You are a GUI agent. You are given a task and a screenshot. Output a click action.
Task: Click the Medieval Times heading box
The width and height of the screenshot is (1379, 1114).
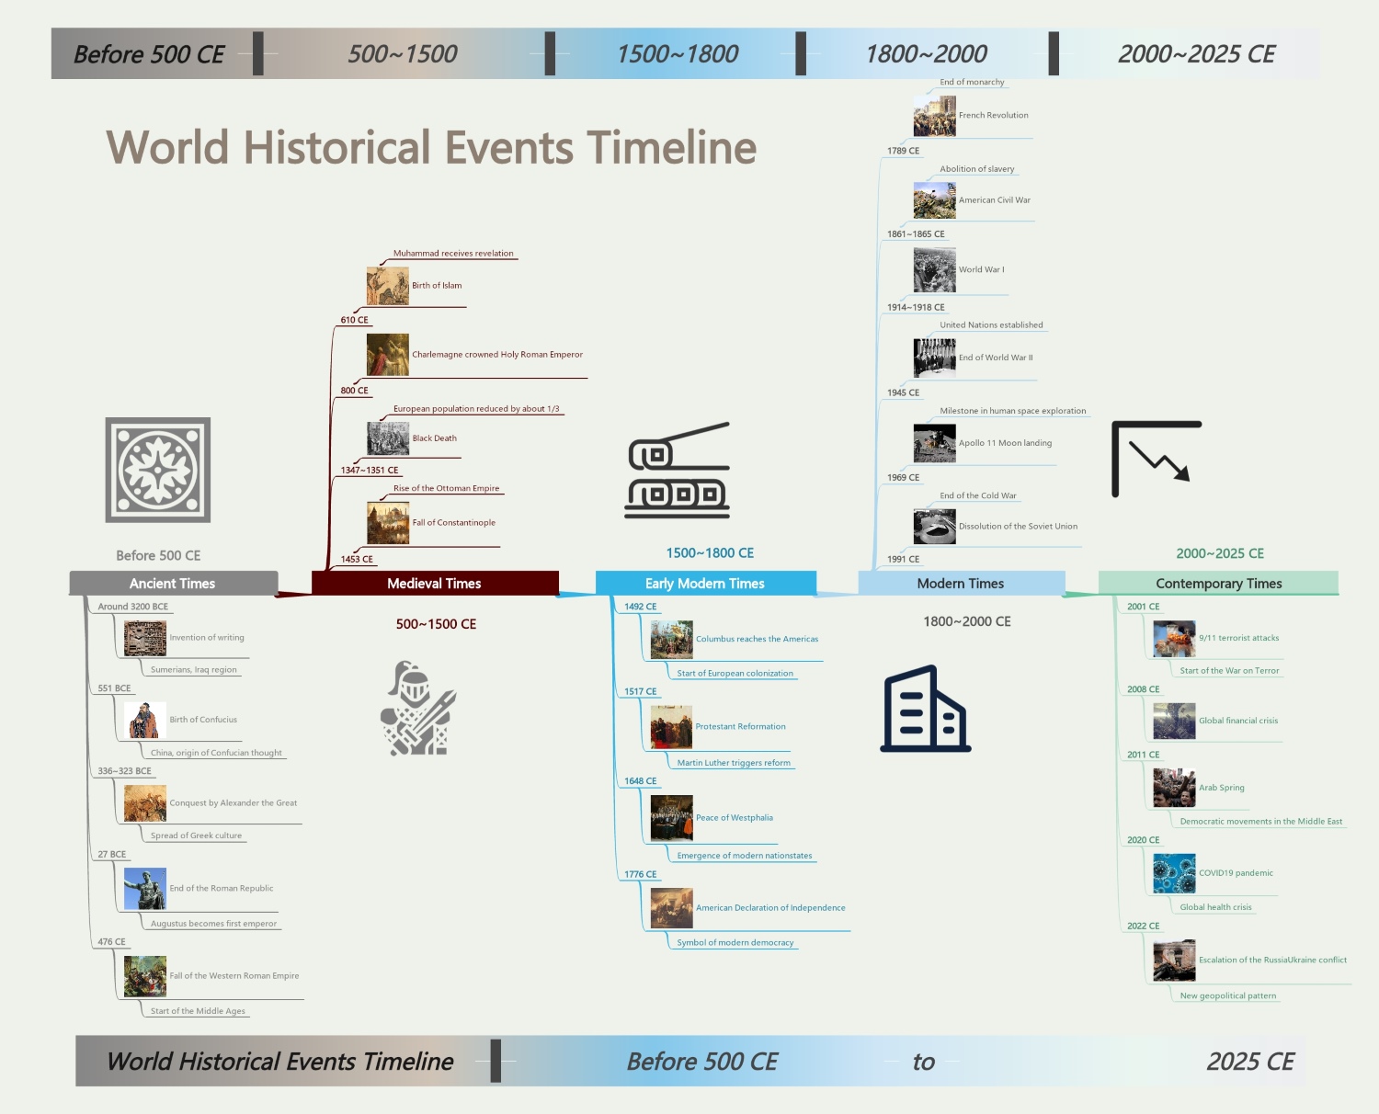(435, 584)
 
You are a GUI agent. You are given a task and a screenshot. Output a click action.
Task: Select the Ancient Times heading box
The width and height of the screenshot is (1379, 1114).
(173, 584)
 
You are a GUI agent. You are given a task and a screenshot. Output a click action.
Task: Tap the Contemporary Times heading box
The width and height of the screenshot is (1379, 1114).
(1218, 584)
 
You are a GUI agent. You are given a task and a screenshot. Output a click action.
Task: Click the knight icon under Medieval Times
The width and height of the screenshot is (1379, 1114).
(418, 709)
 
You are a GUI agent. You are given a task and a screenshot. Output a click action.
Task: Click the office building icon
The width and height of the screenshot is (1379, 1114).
(925, 709)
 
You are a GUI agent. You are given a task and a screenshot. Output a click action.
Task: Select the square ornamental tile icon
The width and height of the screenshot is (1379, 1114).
(158, 470)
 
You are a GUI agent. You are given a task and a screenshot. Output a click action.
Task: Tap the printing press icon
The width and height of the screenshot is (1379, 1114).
(678, 470)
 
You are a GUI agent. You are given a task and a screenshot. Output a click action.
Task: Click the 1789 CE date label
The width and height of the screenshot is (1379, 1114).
(903, 151)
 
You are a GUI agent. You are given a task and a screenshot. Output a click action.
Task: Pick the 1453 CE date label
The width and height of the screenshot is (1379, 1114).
(357, 559)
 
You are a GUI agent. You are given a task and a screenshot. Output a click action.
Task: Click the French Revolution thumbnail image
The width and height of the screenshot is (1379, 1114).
(934, 117)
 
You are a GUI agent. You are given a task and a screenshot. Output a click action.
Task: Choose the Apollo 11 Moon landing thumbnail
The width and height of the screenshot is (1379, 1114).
(934, 443)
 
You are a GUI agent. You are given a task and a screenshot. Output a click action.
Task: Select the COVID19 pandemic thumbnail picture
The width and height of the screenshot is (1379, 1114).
(1174, 873)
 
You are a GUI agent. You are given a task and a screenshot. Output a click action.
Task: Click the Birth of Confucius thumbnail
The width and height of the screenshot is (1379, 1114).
(145, 721)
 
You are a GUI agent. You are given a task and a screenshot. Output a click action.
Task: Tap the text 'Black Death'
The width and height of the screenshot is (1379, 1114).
(435, 438)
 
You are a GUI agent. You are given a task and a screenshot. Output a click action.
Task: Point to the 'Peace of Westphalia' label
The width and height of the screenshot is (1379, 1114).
(735, 818)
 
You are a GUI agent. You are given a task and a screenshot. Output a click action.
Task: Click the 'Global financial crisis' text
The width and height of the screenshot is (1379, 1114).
(1238, 721)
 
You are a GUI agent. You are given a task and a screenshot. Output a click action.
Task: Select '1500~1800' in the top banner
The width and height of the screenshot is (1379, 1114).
(678, 54)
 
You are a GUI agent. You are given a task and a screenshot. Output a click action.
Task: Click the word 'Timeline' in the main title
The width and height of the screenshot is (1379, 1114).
(672, 148)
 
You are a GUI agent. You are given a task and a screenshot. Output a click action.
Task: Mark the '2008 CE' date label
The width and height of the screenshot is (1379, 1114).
(1143, 689)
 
